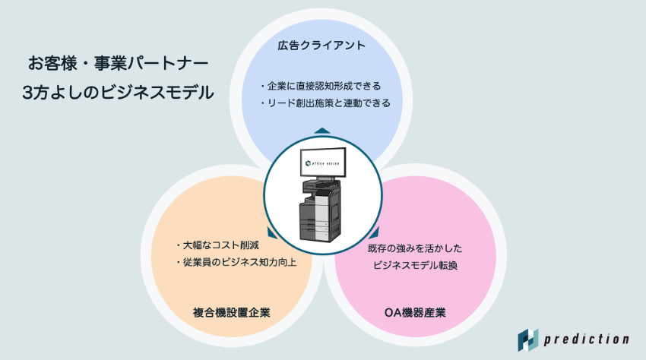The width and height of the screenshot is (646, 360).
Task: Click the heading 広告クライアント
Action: pyautogui.click(x=322, y=46)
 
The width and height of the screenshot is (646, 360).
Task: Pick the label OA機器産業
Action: pyautogui.click(x=414, y=312)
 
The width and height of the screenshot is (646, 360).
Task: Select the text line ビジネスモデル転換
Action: pyautogui.click(x=415, y=266)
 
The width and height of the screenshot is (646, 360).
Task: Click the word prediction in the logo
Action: pyautogui.click(x=588, y=339)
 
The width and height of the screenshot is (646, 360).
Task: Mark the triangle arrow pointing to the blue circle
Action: pyautogui.click(x=322, y=131)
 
